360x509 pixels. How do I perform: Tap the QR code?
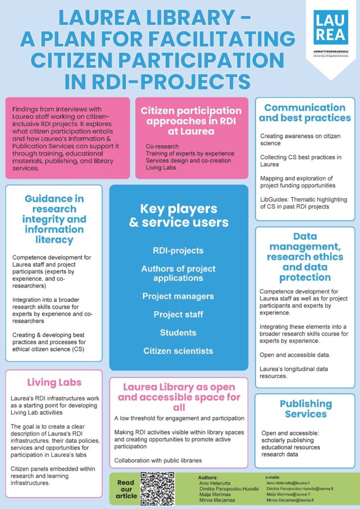(x=158, y=489)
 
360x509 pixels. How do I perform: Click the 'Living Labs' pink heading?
(x=54, y=382)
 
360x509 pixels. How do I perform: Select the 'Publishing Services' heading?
(x=306, y=409)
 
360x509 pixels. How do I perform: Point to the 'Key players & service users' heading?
(x=179, y=216)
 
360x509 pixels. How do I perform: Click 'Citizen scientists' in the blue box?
(x=178, y=351)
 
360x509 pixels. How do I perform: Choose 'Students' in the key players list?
(x=178, y=333)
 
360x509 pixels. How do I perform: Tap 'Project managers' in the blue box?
(x=178, y=296)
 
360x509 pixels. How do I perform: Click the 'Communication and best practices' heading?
(x=305, y=113)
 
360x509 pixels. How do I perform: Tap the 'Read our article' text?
(x=126, y=489)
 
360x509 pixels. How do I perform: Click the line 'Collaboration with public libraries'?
(x=158, y=460)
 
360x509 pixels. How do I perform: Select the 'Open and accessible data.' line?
(x=295, y=355)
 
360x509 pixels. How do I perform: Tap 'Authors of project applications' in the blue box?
(x=178, y=273)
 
